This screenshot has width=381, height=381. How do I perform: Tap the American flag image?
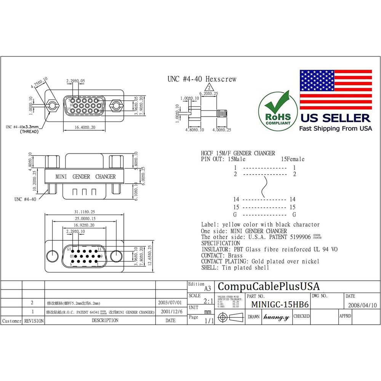pos(336,90)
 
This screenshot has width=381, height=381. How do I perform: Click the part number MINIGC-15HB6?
pos(280,305)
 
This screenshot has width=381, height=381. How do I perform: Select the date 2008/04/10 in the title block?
pos(362,305)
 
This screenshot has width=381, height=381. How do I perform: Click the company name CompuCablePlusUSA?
pos(269,287)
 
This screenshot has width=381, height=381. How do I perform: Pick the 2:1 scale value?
pos(208,301)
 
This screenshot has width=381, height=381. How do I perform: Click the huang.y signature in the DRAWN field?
pos(277,317)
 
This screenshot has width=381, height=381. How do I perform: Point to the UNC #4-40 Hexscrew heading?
pos(202,79)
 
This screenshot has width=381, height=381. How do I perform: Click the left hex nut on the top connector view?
pos(51,104)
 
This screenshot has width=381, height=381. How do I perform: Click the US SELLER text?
pos(335,118)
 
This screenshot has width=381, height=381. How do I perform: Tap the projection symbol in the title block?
pos(231,317)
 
